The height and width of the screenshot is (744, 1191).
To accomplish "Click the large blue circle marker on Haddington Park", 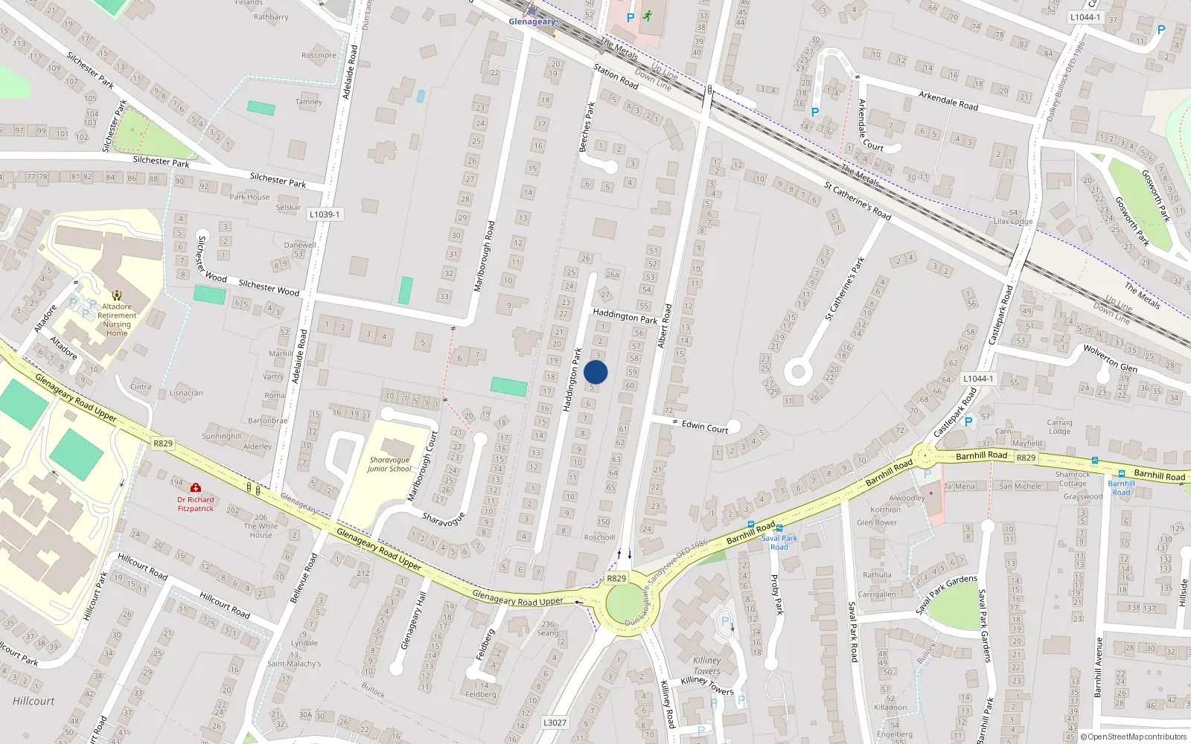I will tap(595, 372).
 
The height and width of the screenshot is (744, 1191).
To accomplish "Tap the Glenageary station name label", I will tap(531, 22).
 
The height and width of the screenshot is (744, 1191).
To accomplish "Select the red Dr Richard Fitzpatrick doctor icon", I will tap(195, 488).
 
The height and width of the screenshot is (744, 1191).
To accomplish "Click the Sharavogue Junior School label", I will tap(389, 464).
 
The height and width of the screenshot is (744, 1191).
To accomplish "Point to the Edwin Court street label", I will tap(705, 426).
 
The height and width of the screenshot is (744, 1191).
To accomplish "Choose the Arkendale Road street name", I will tap(948, 100).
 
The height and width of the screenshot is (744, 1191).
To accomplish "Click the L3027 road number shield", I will tap(555, 722).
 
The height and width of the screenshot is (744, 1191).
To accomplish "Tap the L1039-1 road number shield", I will tap(325, 214).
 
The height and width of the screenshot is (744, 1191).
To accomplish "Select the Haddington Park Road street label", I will tap(625, 316).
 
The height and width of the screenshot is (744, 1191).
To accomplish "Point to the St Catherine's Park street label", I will tap(845, 289).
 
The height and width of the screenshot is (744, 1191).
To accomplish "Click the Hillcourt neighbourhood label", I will tap(33, 701).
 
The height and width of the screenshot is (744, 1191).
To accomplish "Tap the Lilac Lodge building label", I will tap(1013, 222).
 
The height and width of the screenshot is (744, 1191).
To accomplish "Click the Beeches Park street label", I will tap(587, 127).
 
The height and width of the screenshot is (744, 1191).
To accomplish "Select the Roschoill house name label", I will tap(599, 537).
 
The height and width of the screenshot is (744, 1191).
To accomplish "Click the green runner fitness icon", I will tap(648, 16).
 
